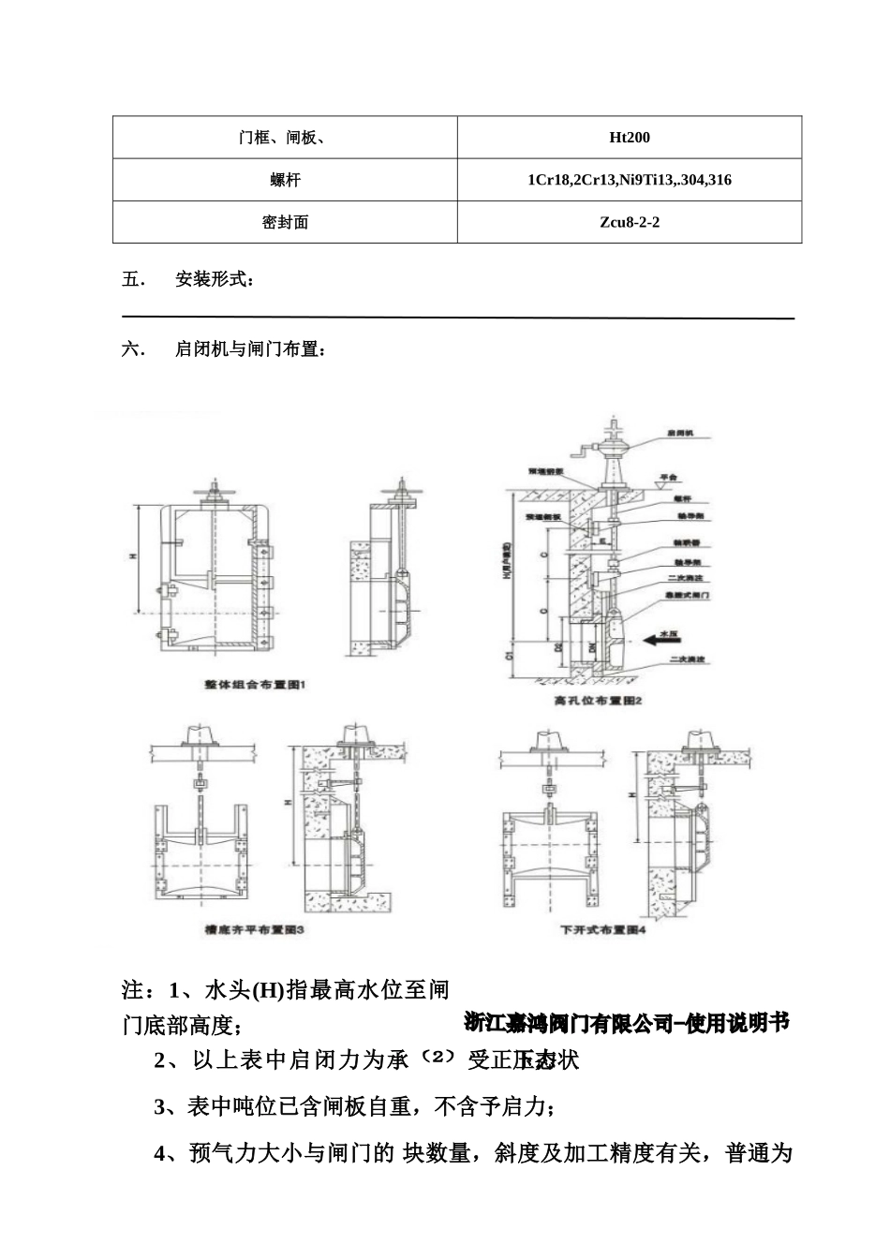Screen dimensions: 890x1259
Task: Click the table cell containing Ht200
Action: pos(629,138)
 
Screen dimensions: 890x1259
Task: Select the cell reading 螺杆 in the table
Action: pos(285,180)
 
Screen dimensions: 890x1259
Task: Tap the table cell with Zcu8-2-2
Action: pos(629,222)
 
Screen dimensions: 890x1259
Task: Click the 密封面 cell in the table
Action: pos(285,222)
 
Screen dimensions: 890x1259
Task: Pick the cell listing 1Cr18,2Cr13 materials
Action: pos(629,180)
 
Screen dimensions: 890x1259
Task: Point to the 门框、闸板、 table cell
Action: pos(285,138)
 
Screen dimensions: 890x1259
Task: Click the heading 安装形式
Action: pos(214,279)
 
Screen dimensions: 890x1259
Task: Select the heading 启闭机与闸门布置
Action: pos(250,349)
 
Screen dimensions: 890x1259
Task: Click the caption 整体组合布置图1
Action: pos(255,686)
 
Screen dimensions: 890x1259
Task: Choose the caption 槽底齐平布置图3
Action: pos(255,930)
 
